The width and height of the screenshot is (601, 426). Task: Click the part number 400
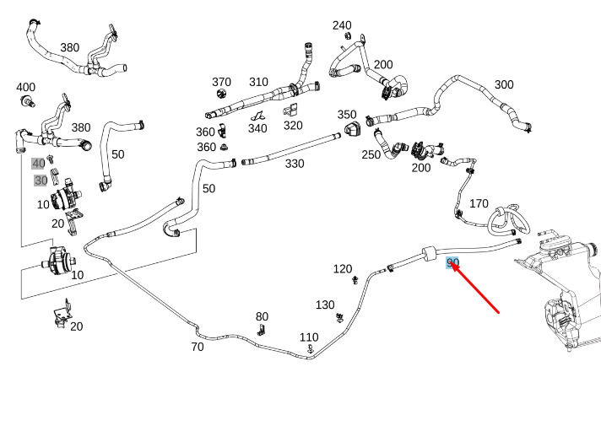[x=25, y=87]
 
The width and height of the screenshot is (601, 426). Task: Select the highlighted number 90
[x=452, y=263]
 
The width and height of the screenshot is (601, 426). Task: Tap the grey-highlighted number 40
[x=38, y=164]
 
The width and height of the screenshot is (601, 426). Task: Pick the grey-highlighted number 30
[x=41, y=180]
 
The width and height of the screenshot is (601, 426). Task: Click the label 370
[x=221, y=82]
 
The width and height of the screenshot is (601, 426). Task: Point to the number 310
[x=259, y=82]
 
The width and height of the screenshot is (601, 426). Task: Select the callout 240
[x=342, y=25]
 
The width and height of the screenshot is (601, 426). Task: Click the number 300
[x=504, y=84]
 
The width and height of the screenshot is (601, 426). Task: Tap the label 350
[x=347, y=115]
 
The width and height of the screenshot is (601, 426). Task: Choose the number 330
[x=295, y=164]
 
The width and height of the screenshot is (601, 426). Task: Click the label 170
[x=479, y=203]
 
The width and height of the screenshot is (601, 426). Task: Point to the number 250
[x=371, y=154]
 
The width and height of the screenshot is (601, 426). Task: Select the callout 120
[x=343, y=269]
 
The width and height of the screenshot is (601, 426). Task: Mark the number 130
[x=325, y=305]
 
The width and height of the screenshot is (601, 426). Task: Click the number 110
[x=309, y=337]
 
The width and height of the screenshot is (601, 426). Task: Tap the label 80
[x=262, y=317]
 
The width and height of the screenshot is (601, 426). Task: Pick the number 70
[x=198, y=347]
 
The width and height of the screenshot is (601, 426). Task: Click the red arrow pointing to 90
[x=476, y=288]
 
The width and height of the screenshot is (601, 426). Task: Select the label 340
[x=257, y=128]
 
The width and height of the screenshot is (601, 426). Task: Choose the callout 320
[x=293, y=126]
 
